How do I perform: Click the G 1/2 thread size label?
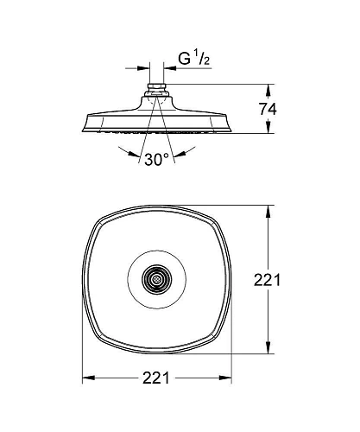coord(193,59)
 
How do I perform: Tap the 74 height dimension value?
coord(268,110)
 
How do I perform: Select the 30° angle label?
coord(156,159)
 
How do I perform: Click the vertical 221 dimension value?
coord(267,280)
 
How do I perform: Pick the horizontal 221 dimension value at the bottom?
coord(156,378)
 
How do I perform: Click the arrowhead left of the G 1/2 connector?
coord(143,68)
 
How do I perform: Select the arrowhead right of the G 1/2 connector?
coord(170,68)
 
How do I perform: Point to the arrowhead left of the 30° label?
coord(133,154)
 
